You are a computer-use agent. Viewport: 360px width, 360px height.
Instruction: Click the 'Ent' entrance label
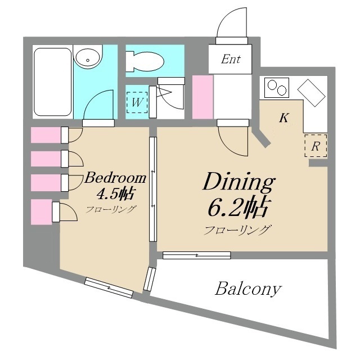pyautogui.click(x=231, y=59)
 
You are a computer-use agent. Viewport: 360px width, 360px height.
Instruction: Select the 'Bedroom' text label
pyautogui.click(x=115, y=178)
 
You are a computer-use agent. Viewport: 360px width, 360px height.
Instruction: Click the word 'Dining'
pyautogui.click(x=238, y=182)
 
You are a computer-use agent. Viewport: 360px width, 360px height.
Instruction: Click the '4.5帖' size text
pyautogui.click(x=115, y=193)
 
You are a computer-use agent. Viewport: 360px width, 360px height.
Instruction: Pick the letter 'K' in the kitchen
pyautogui.click(x=284, y=118)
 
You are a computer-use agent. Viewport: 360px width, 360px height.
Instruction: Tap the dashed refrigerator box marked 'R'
pyautogui.click(x=316, y=146)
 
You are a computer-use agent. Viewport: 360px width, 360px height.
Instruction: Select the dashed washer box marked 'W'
pyautogui.click(x=137, y=102)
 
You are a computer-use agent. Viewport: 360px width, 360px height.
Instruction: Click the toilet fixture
pyautogui.click(x=145, y=61)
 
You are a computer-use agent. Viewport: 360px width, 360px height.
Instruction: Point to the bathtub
pyautogui.click(x=52, y=82)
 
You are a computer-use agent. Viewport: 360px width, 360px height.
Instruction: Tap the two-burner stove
pyautogui.click(x=277, y=88)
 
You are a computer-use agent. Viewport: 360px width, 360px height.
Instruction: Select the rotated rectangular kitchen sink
pyautogui.click(x=311, y=93)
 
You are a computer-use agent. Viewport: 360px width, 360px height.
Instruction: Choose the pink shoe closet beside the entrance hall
pyautogui.click(x=202, y=97)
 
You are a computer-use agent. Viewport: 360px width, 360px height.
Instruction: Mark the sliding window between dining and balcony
pyautogui.click(x=196, y=255)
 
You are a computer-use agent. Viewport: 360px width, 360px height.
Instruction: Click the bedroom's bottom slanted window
pyautogui.click(x=109, y=287)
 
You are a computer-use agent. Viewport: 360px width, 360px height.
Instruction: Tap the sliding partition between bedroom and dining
pyautogui.click(x=153, y=189)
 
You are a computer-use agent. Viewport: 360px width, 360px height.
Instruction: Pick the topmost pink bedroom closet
pyautogui.click(x=46, y=135)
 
